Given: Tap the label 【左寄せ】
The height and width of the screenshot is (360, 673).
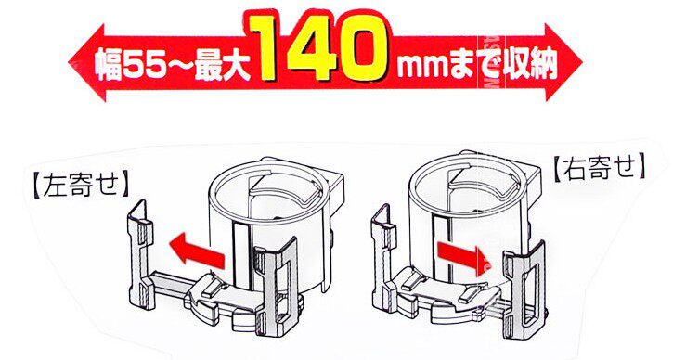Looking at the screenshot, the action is [81, 186].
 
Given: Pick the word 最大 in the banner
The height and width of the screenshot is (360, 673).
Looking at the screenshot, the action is [222, 66].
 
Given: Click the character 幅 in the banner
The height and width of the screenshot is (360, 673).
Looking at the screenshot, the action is [109, 65].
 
